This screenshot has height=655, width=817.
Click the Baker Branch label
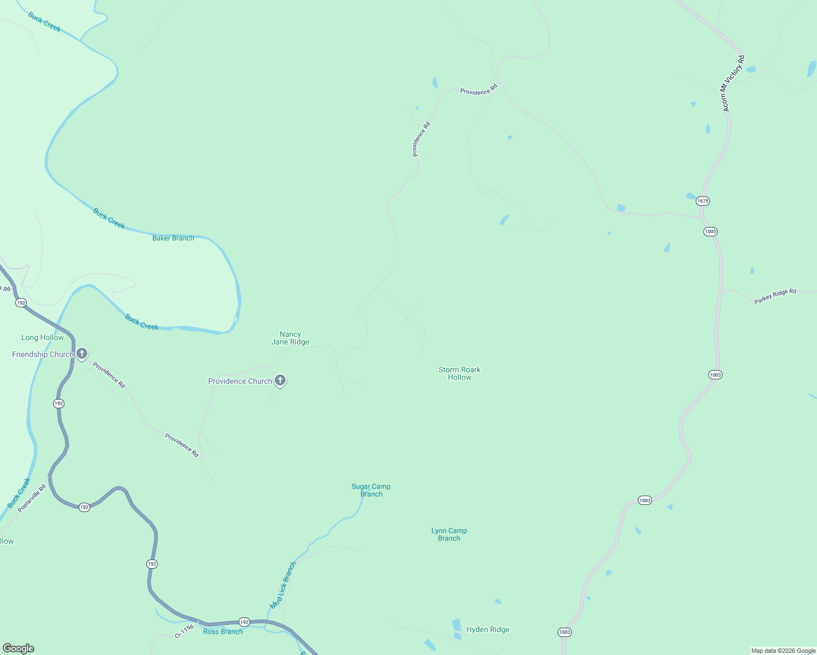click(x=173, y=238)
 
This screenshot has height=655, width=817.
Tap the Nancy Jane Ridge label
click(x=290, y=338)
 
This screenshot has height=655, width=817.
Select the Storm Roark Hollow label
click(x=459, y=373)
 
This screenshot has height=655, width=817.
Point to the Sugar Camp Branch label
click(x=371, y=490)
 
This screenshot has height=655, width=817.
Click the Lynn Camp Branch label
click(x=449, y=534)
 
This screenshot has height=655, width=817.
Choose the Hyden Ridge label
click(x=488, y=629)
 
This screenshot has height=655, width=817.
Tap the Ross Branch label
click(x=222, y=632)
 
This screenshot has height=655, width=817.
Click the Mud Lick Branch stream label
click(x=283, y=586)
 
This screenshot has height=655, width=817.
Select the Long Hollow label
click(x=43, y=338)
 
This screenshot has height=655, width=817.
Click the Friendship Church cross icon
click(x=82, y=354)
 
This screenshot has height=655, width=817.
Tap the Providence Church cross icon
click(x=280, y=380)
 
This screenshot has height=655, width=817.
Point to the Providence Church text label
click(x=240, y=381)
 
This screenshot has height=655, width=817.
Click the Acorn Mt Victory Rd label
click(x=732, y=84)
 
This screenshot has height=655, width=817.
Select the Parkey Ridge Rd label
click(x=775, y=296)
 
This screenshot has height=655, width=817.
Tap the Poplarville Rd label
click(x=32, y=498)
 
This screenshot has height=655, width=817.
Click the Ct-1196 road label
click(x=184, y=632)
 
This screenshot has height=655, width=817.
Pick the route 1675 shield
click(x=702, y=201)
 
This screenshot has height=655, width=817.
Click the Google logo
click(x=19, y=648)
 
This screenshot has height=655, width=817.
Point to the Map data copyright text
click(x=783, y=651)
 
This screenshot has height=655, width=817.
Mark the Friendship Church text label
click(x=43, y=355)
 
